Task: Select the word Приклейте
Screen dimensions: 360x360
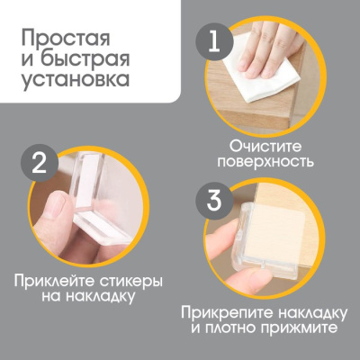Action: (x=55, y=280)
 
